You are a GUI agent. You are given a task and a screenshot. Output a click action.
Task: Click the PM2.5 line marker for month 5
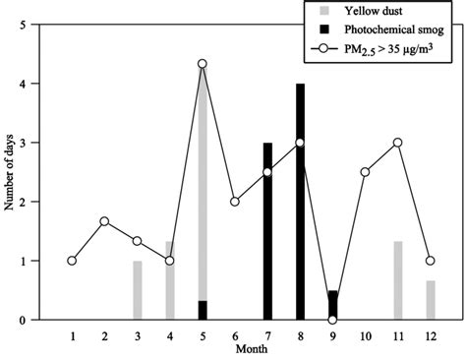pyautogui.click(x=202, y=64)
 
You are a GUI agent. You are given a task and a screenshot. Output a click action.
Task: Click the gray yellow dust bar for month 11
pyautogui.click(x=397, y=280)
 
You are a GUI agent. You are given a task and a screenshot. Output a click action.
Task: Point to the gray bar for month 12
pyautogui.click(x=430, y=300)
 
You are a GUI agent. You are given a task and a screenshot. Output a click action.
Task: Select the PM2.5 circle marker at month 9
pyautogui.click(x=332, y=320)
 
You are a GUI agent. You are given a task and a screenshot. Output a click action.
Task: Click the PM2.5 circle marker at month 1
pyautogui.click(x=72, y=261)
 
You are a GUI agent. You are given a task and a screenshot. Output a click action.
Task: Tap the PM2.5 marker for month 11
pyautogui.click(x=397, y=143)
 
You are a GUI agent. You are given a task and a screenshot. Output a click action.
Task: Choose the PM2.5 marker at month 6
pyautogui.click(x=234, y=202)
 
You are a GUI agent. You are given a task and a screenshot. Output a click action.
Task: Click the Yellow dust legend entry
pyautogui.click(x=370, y=12)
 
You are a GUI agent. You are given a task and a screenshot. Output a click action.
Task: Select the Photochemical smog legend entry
pyautogui.click(x=388, y=30)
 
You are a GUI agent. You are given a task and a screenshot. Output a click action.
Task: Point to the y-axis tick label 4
pyautogui.click(x=24, y=84)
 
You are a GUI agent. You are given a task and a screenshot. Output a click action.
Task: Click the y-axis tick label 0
pyautogui.click(x=24, y=320)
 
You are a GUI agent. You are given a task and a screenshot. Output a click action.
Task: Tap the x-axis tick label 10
pyautogui.click(x=365, y=336)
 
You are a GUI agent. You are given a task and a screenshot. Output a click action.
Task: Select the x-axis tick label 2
pyautogui.click(x=104, y=336)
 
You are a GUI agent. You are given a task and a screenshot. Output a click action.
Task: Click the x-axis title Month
pyautogui.click(x=250, y=349)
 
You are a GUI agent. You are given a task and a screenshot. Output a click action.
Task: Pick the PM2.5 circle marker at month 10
pyautogui.click(x=365, y=172)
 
